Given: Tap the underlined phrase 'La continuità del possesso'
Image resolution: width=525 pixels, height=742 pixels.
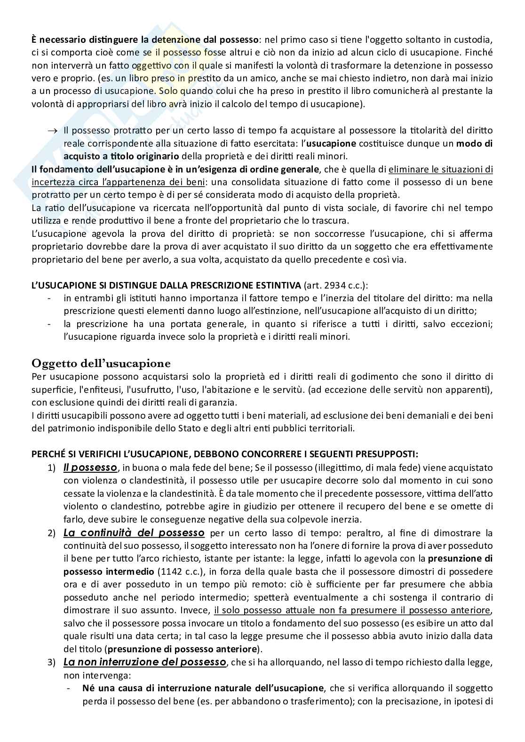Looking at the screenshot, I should [x=134, y=533].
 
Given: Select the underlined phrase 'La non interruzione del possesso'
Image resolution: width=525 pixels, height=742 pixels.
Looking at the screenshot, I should [x=145, y=662].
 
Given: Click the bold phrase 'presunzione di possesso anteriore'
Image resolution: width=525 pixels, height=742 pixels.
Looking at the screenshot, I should [x=183, y=649].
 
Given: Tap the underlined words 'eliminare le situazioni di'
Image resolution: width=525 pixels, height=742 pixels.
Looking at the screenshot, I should [x=440, y=169].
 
